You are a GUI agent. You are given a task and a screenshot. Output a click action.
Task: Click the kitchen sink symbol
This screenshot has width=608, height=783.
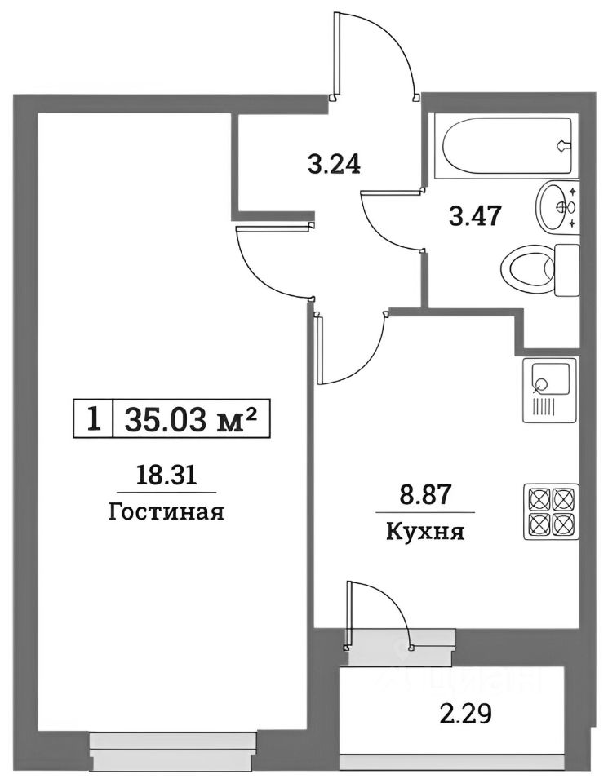tap(549, 389)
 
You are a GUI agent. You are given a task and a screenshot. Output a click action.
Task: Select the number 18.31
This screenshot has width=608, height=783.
tap(166, 475)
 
